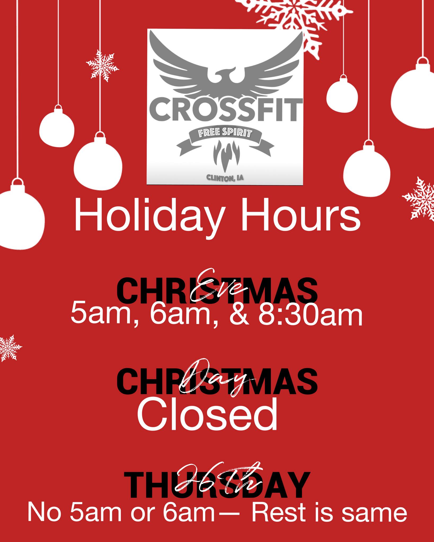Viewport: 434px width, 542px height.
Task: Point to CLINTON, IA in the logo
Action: [225, 178]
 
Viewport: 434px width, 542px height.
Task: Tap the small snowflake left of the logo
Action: [102, 65]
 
